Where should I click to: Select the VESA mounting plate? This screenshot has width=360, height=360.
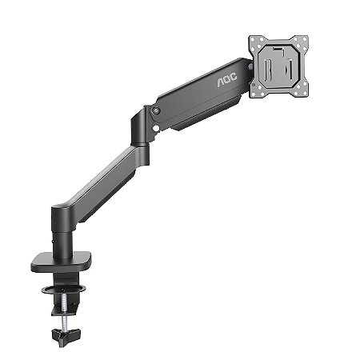(x=279, y=66)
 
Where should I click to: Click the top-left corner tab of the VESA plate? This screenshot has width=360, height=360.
(x=254, y=39)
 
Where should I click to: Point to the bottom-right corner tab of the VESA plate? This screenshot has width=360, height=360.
(x=304, y=93)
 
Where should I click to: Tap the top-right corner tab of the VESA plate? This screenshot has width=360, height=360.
(x=305, y=39)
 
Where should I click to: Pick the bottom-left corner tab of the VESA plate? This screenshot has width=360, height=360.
(x=254, y=93)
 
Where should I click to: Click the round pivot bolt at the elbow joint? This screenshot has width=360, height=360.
(x=156, y=110)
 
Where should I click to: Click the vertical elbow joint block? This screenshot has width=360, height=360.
(x=141, y=128)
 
